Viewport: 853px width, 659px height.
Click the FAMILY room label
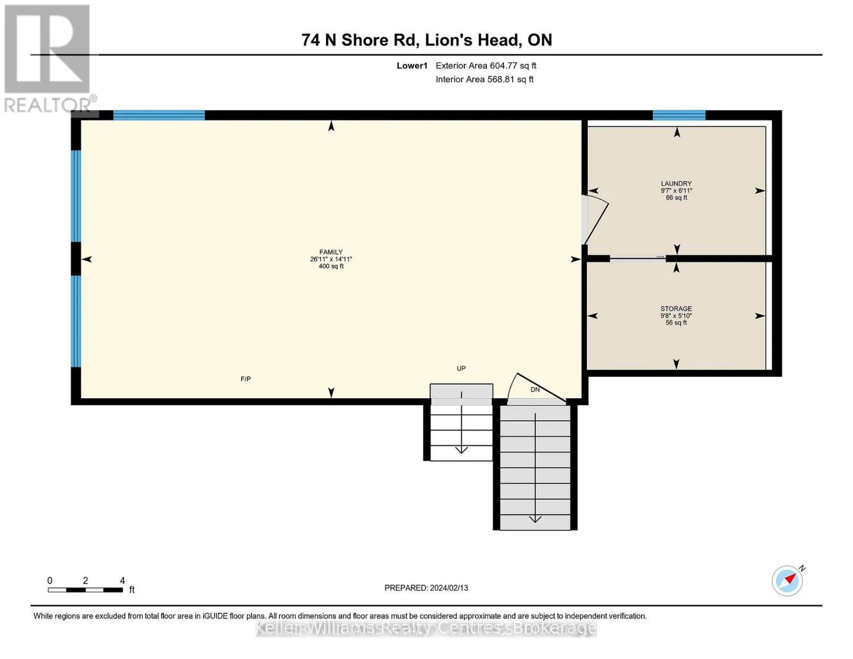[331, 252]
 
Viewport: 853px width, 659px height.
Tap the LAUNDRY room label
[676, 183]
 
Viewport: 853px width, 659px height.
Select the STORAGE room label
[676, 309]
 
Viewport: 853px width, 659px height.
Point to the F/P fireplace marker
[245, 379]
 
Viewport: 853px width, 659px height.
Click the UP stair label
[461, 368]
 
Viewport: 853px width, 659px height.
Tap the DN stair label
[535, 389]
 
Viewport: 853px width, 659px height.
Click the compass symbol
[788, 580]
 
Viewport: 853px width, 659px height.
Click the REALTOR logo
[48, 58]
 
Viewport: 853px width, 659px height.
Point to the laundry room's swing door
[596, 221]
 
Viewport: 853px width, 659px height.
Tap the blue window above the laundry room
[678, 115]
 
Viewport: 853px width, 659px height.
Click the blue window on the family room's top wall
[159, 115]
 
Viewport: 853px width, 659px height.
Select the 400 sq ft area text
[331, 266]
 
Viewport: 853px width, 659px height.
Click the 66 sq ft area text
[676, 198]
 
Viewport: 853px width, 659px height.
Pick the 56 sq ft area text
[676, 323]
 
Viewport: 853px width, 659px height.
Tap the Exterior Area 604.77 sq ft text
[486, 65]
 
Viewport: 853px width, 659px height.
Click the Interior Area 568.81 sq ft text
[484, 79]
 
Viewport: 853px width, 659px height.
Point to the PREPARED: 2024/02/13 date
[426, 588]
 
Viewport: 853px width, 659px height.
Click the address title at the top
[426, 40]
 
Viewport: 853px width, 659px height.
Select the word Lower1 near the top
[412, 65]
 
